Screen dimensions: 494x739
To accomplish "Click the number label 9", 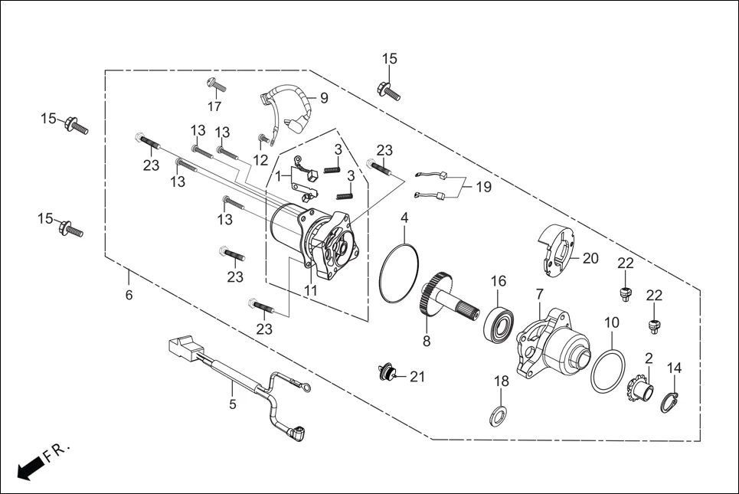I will pyautogui.click(x=323, y=98).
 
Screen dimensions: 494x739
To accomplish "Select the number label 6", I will pyautogui.click(x=129, y=295).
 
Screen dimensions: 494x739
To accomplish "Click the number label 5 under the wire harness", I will pyautogui.click(x=234, y=403).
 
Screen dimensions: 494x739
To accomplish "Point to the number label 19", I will pyautogui.click(x=483, y=186).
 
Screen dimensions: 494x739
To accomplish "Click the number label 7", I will pyautogui.click(x=539, y=293).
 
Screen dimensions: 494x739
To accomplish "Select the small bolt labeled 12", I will pyautogui.click(x=263, y=139).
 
